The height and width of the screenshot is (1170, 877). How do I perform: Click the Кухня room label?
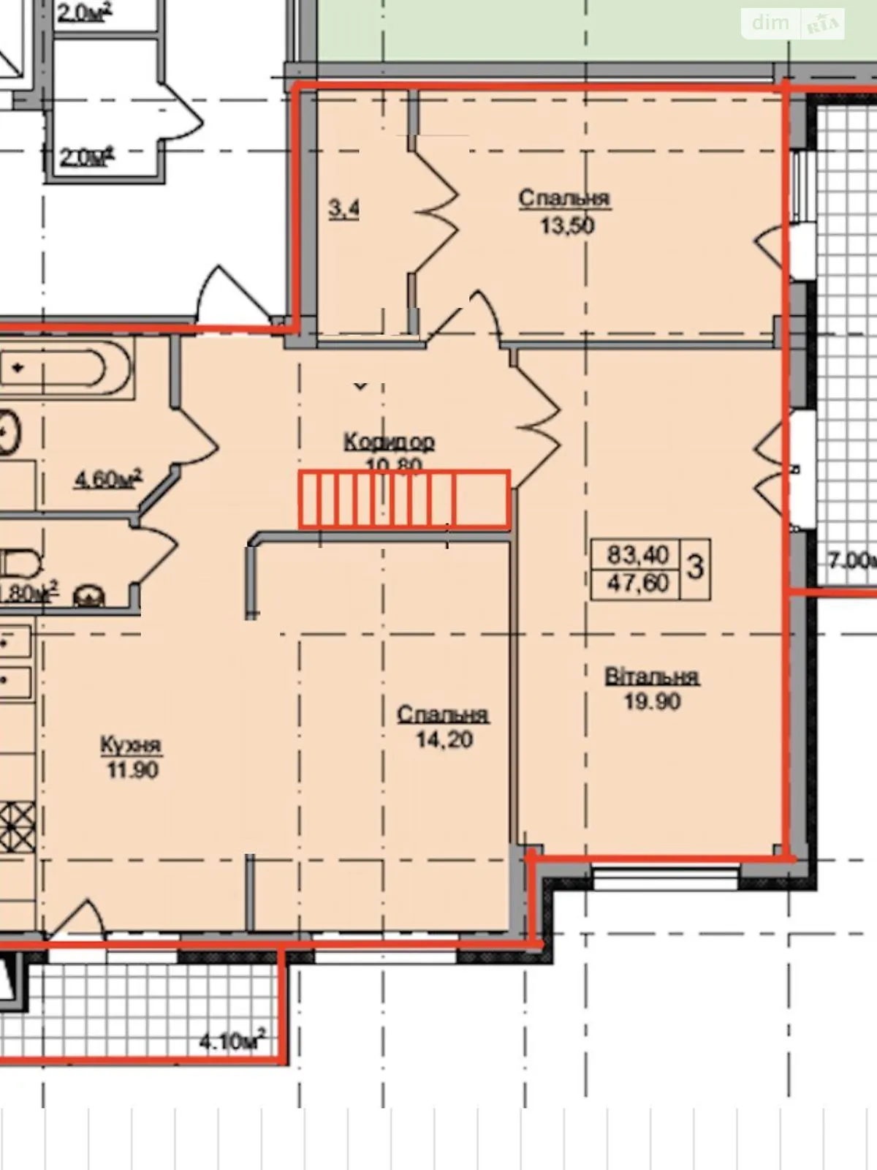tap(131, 745)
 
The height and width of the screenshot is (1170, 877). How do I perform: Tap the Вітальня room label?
tap(652, 676)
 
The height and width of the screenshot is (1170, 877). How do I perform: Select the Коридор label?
tap(389, 442)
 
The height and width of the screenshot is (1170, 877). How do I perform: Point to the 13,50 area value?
tap(567, 225)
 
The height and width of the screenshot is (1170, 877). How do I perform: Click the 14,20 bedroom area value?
tap(444, 740)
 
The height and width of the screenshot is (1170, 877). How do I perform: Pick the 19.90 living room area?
tap(652, 702)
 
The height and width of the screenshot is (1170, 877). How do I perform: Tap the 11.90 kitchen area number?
tap(132, 770)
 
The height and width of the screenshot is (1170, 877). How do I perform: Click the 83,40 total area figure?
tap(638, 556)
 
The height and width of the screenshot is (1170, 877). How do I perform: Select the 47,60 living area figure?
tap(638, 584)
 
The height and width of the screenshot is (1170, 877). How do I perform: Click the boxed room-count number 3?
tap(695, 568)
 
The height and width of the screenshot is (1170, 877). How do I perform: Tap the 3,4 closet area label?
tap(343, 209)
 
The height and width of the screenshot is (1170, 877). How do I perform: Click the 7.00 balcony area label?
tap(851, 561)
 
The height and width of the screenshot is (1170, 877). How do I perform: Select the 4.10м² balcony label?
tap(232, 1041)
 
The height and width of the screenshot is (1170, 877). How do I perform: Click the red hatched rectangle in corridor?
tap(404, 499)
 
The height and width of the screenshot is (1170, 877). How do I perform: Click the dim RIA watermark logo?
tap(794, 23)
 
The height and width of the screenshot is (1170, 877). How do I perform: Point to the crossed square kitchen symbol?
tap(17, 826)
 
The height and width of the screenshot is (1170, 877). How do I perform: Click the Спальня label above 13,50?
tap(564, 199)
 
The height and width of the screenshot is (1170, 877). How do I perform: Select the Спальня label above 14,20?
tap(443, 714)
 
